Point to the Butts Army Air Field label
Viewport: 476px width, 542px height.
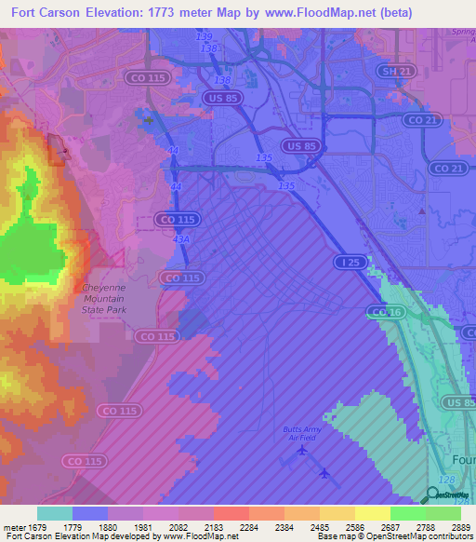[x=304, y=433]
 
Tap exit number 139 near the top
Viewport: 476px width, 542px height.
[x=205, y=36]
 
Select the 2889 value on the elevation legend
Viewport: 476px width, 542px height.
[x=461, y=527]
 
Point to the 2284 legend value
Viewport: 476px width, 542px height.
[x=248, y=527]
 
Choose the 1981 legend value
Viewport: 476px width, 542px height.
[x=143, y=527]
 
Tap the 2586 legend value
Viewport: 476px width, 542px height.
[x=354, y=527]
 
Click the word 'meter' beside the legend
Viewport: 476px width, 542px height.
[x=13, y=527]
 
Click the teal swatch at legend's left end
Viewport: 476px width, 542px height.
[x=55, y=513]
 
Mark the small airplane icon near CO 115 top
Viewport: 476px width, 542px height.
[x=150, y=120]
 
